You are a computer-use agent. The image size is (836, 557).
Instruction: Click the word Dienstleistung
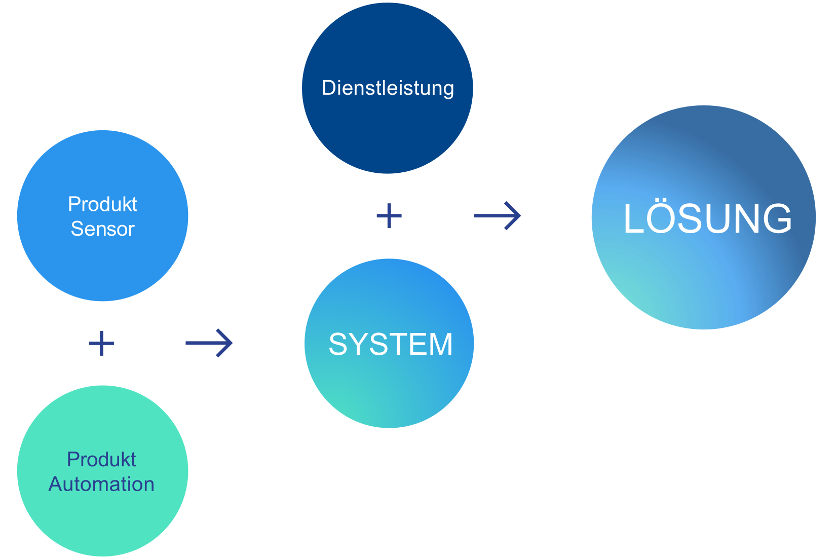pos(388,88)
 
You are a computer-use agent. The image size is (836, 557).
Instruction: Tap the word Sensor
pos(102,229)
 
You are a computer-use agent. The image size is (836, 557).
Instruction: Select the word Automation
pos(101,485)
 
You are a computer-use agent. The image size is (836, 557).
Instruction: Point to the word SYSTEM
pos(390,345)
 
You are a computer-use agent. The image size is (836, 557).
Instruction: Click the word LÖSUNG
pos(707,219)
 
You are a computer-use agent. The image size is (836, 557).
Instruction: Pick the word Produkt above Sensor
pos(102,204)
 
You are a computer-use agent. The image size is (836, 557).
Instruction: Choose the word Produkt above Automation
pos(101,460)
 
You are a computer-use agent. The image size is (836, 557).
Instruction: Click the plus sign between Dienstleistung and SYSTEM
pos(389,216)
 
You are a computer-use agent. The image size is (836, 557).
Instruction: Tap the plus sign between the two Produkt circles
pos(101,344)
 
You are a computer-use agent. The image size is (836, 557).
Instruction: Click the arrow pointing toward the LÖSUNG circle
pos(498,216)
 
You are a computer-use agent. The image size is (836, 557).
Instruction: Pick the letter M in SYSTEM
pos(440,345)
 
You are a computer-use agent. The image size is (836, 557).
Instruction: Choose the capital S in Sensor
pos(77,229)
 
